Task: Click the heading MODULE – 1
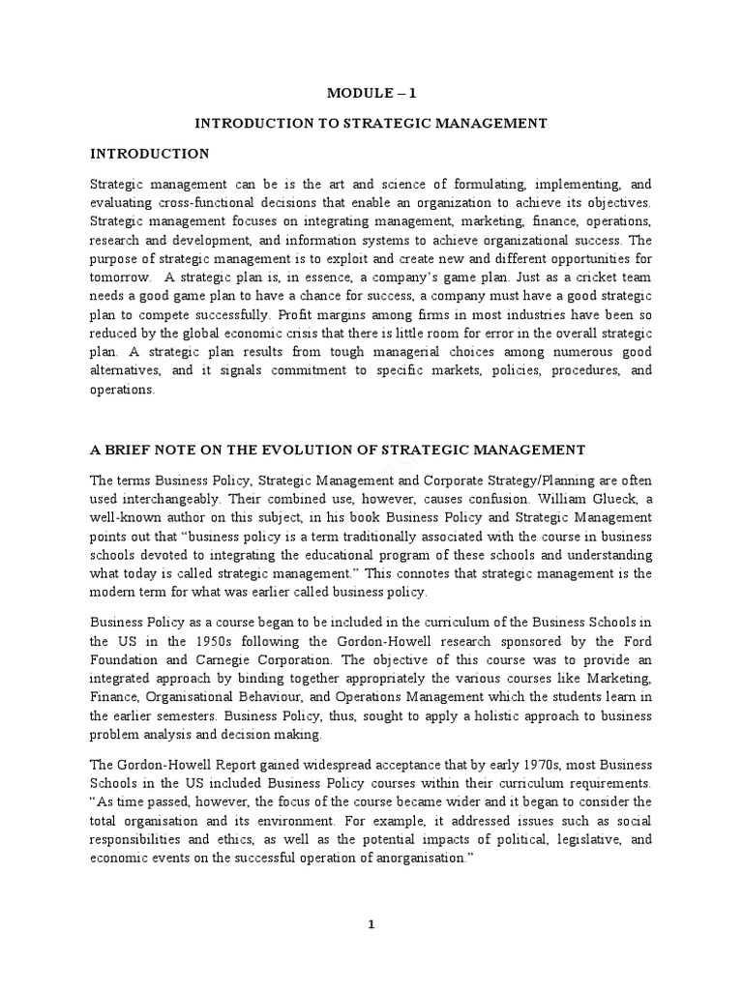click(x=371, y=93)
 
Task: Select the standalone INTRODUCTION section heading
click(x=149, y=154)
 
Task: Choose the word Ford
click(x=638, y=642)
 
